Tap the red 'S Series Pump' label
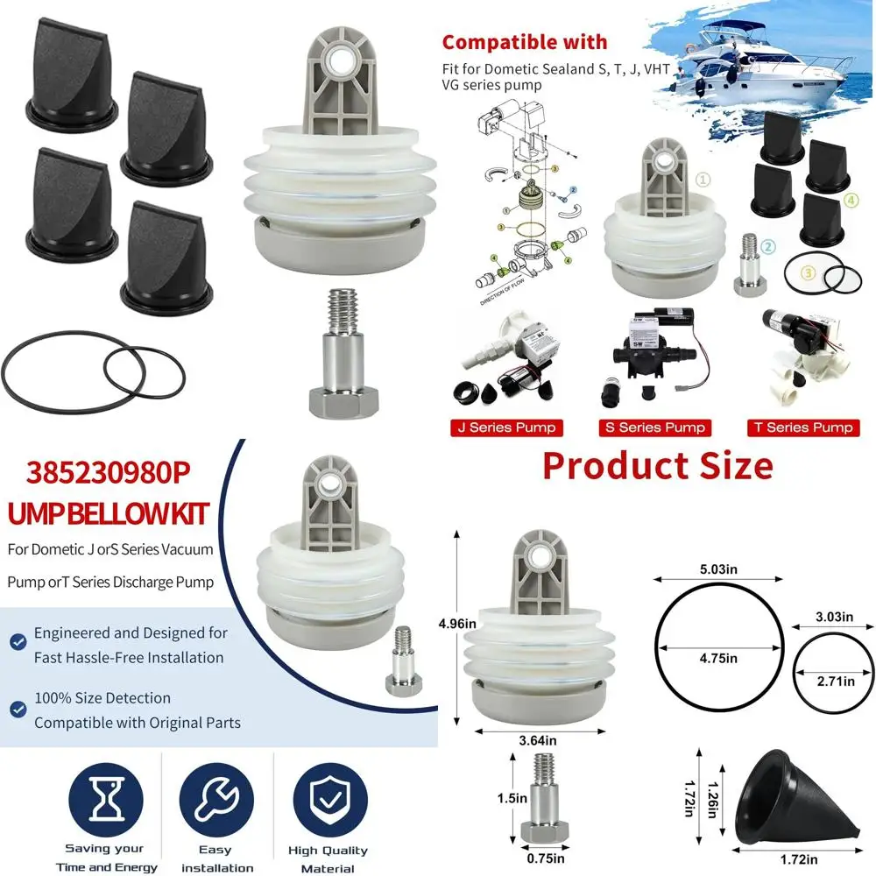tap(654, 428)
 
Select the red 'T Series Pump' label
tap(803, 428)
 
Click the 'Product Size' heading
tap(657, 465)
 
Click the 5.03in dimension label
tap(719, 569)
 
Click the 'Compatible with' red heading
tap(523, 42)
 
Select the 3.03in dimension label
tap(833, 618)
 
